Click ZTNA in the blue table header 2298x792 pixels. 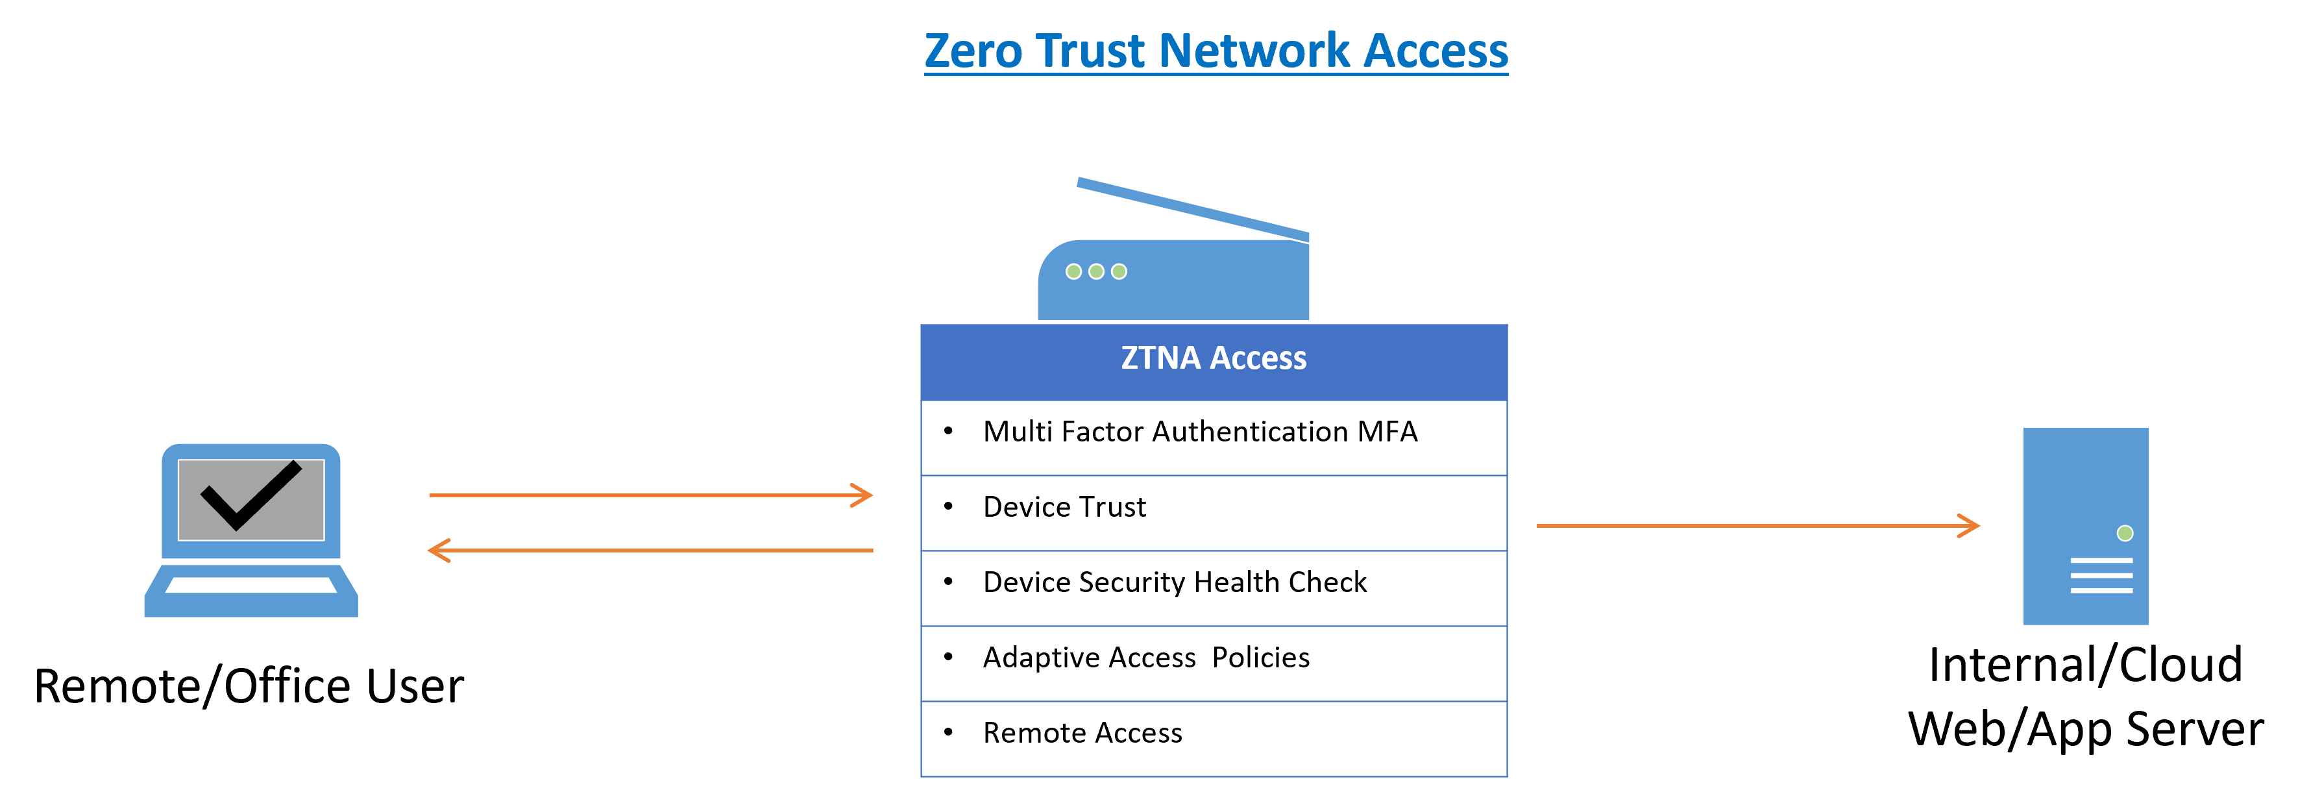point(1160,358)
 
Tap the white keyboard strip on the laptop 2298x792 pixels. point(251,585)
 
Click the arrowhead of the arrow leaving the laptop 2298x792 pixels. point(864,495)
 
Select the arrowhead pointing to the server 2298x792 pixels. point(1971,525)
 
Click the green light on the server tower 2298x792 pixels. point(2125,534)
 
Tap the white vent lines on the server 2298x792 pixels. point(2101,575)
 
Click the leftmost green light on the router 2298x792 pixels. point(1074,271)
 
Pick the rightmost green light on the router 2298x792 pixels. point(1119,271)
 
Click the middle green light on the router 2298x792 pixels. point(1096,271)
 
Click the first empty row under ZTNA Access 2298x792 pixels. point(1213,438)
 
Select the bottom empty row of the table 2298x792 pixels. point(1213,739)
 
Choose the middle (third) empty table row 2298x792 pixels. point(1213,589)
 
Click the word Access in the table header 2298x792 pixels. point(1258,358)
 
